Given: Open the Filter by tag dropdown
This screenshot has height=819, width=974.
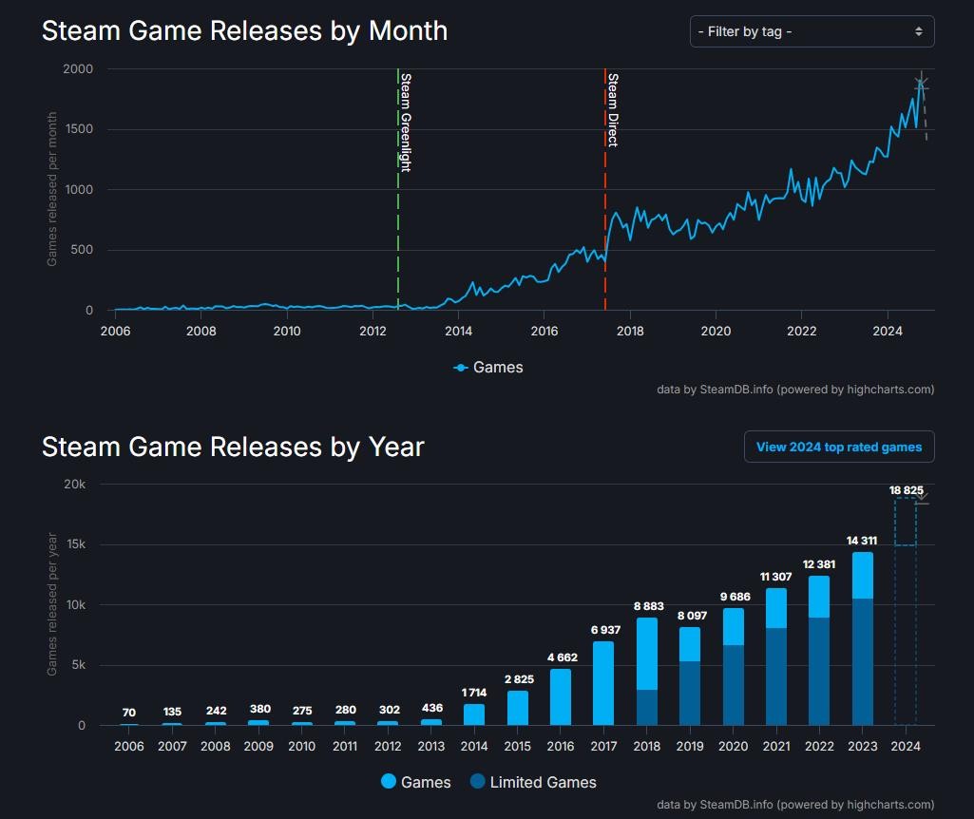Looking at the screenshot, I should [812, 31].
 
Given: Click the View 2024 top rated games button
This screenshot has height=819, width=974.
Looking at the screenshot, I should [838, 447].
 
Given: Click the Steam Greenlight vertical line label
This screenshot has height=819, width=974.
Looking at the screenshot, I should [406, 122].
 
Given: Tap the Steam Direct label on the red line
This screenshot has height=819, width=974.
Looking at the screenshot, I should [613, 109].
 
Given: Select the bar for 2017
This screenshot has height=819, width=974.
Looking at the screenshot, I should [603, 684].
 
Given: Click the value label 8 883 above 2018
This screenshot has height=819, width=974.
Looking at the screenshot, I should [647, 606].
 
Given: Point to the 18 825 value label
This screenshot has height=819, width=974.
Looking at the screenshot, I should [906, 490].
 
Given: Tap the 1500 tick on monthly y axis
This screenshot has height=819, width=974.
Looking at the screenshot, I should [78, 129].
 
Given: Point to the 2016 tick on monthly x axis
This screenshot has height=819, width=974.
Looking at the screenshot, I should [544, 331].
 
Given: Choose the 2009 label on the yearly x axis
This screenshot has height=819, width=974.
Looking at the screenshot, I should [258, 746].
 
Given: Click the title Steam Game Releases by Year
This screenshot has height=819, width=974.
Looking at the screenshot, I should [233, 446].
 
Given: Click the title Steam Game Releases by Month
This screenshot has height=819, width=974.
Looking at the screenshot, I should [244, 30].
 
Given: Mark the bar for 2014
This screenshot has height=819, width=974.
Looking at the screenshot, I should [474, 714].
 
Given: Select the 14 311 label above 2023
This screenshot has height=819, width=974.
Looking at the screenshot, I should [862, 541].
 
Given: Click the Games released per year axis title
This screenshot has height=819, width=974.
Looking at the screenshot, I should [52, 604].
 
